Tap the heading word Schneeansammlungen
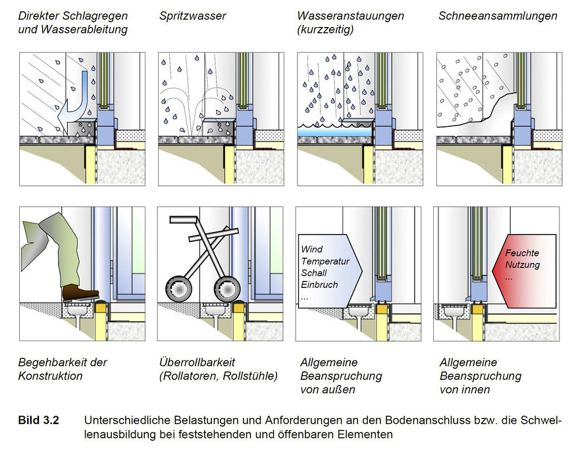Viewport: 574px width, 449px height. [498, 16]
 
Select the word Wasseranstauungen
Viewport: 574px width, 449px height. [350, 16]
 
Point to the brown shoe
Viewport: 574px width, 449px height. [80, 292]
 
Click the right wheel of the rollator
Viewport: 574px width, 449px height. [227, 288]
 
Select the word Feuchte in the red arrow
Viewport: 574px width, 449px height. [523, 253]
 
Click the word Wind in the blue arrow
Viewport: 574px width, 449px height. [312, 249]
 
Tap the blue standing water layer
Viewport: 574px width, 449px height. [334, 132]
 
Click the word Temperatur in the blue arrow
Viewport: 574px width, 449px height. [325, 261]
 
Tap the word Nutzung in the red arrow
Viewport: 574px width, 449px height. [523, 265]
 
